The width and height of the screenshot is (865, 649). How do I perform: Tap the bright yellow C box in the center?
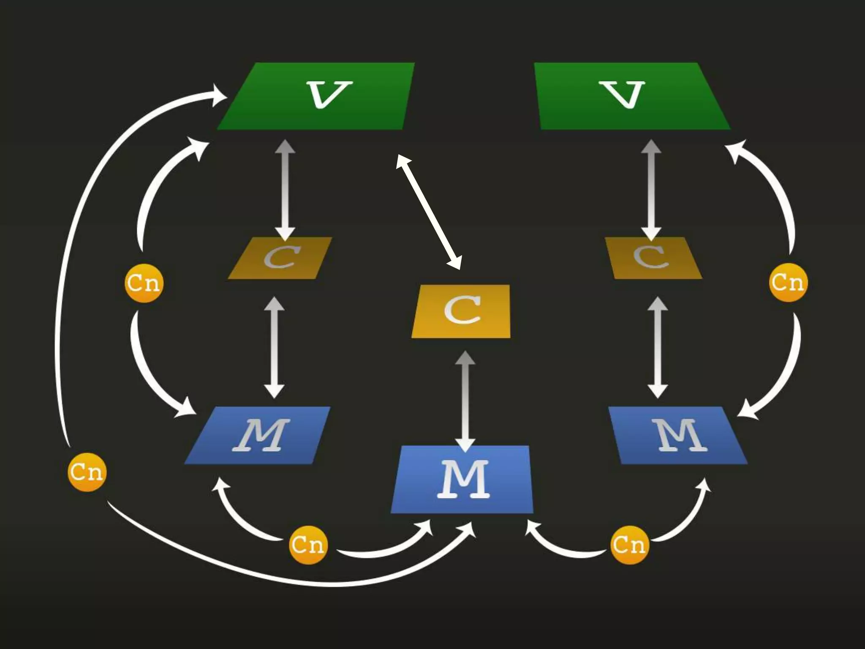461,311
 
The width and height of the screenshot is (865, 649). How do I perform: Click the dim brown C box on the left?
280,258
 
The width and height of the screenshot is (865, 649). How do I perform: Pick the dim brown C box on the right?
653,258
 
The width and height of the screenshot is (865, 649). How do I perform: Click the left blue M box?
258,435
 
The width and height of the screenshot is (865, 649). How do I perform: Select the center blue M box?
462,479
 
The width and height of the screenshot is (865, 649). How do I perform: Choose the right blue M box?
678,435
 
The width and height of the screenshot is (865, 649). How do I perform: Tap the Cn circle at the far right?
788,282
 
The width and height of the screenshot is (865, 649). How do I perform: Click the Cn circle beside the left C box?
144,283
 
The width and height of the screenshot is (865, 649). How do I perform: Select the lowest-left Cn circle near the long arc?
87,472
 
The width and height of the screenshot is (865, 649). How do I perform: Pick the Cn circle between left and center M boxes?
308,544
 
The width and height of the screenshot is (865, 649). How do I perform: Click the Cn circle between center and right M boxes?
629,544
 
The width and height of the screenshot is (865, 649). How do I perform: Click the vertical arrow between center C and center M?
465,401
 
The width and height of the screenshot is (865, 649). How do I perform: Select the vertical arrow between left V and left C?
286,190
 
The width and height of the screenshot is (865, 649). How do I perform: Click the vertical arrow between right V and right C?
651,190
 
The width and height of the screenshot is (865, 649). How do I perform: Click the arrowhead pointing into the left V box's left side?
220,95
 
